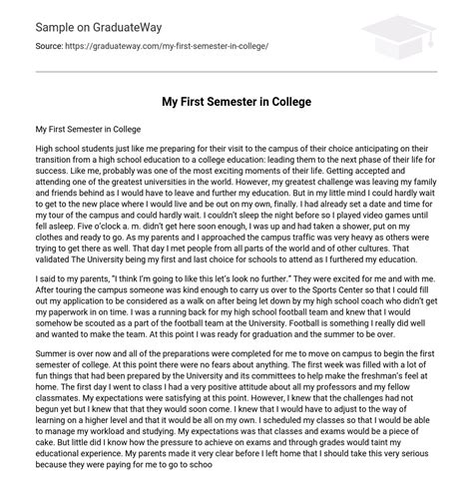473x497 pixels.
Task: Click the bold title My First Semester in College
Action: point(236,101)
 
